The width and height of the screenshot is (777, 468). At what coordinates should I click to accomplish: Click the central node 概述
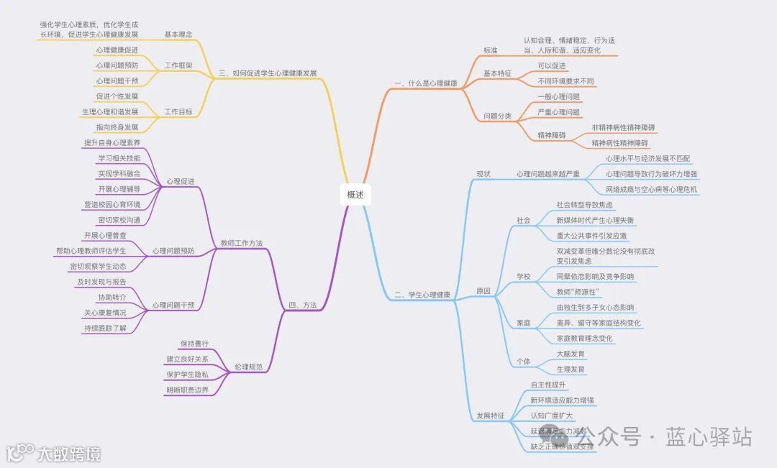355,194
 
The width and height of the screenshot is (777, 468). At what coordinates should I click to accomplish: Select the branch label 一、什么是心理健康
426,83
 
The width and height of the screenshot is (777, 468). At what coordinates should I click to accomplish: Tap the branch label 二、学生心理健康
422,295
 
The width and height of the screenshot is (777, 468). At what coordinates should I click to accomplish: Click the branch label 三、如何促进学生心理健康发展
267,73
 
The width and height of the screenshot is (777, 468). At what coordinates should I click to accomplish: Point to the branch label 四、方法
302,306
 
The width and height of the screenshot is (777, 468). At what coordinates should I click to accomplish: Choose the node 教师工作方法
241,244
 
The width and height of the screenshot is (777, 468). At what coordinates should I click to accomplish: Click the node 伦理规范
248,367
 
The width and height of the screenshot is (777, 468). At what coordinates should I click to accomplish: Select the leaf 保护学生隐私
187,375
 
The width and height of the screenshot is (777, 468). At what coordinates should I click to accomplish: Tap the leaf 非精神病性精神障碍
623,128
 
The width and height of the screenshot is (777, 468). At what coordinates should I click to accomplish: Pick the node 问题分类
497,116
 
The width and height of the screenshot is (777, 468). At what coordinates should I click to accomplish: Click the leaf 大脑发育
571,354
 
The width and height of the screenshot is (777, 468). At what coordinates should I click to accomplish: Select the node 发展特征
491,416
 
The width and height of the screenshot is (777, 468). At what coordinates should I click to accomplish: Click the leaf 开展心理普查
105,235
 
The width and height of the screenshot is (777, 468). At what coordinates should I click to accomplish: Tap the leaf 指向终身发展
117,127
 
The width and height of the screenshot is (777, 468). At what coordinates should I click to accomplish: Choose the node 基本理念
178,34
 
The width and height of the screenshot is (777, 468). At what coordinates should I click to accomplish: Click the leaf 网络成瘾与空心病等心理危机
651,189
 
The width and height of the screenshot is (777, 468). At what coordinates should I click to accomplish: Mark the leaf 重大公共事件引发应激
591,235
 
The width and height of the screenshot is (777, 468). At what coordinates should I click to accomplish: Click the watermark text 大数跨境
69,454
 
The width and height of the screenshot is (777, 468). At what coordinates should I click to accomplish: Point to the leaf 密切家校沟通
119,220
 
